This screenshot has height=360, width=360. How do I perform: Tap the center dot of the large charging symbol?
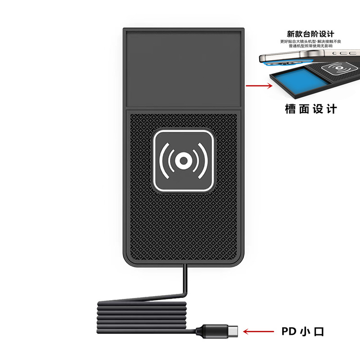[183, 161]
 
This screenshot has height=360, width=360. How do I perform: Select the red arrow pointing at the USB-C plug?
[258, 332]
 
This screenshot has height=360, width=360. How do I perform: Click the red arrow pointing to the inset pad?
[259, 85]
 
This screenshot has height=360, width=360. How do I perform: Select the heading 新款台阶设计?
[310, 34]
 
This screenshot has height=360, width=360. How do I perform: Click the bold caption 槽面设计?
[311, 109]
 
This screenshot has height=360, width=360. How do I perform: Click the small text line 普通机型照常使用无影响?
[310, 46]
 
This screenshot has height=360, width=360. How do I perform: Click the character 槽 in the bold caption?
[290, 109]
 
